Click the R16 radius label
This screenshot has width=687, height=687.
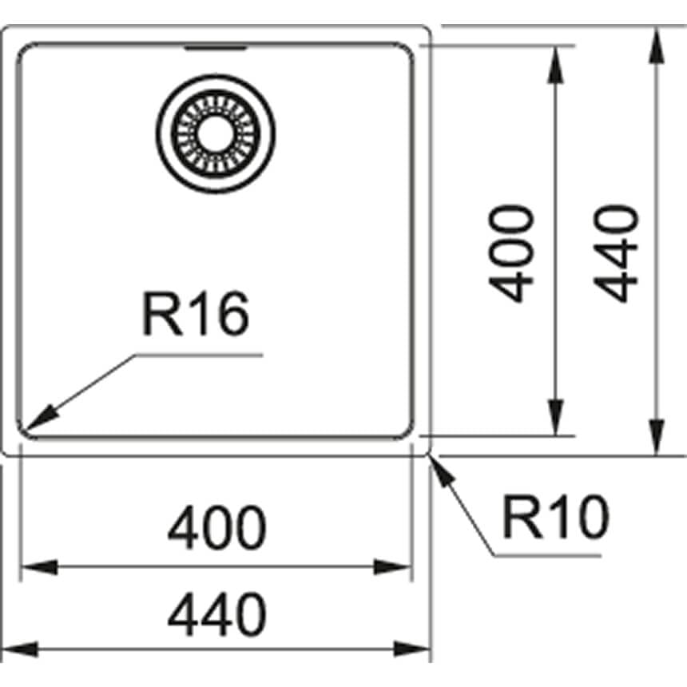pyautogui.click(x=196, y=313)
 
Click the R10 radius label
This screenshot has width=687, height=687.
pyautogui.click(x=555, y=517)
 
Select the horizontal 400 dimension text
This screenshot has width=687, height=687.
pyautogui.click(x=216, y=527)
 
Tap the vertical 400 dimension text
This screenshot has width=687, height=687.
pyautogui.click(x=511, y=254)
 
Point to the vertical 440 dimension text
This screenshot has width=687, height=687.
pyautogui.click(x=619, y=254)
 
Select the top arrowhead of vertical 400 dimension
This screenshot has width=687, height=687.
pyautogui.click(x=556, y=61)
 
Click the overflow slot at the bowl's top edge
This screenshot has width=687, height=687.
pyautogui.click(x=214, y=49)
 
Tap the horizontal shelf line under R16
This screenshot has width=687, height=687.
pyautogui.click(x=200, y=354)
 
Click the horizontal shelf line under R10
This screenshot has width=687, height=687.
pyautogui.click(x=551, y=554)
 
